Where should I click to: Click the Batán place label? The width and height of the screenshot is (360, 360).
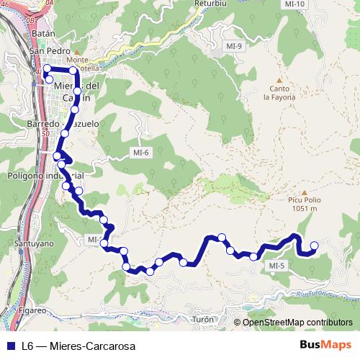(x=44, y=33)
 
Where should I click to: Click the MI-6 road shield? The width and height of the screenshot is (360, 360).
(x=140, y=152)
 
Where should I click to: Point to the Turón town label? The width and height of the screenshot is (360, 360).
(x=204, y=319)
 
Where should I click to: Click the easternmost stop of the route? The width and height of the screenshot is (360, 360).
(x=314, y=246)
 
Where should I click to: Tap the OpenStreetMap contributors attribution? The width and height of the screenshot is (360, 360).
(x=297, y=322)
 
